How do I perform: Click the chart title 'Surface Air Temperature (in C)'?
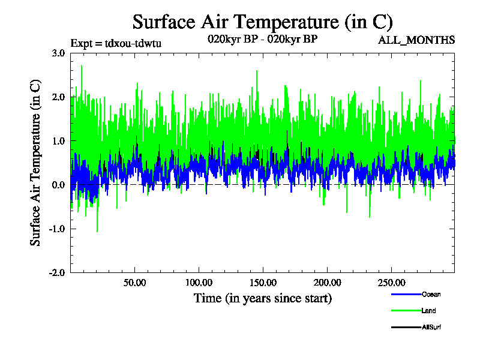(x=262, y=22)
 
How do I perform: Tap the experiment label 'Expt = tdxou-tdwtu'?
(x=116, y=43)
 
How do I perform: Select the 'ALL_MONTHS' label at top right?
(x=416, y=40)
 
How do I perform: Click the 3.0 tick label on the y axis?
(x=58, y=53)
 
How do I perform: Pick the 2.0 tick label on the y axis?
(x=58, y=97)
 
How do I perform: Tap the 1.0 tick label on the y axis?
(x=58, y=141)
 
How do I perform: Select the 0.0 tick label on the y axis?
(x=58, y=185)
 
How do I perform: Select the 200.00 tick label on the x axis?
(x=326, y=283)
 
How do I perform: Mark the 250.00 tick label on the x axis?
(x=390, y=283)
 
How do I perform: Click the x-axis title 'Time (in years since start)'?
(x=262, y=298)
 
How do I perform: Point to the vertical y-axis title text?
(x=36, y=162)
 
